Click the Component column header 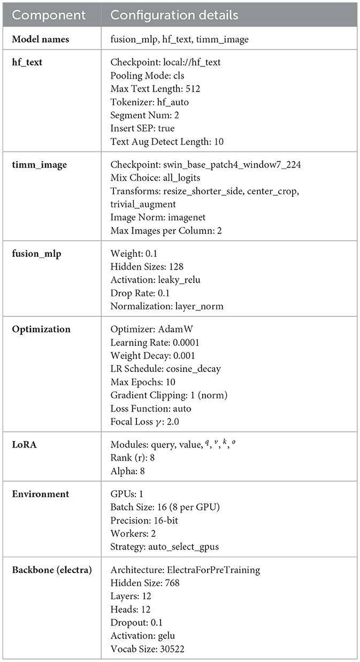click(47, 15)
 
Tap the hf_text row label click(28, 62)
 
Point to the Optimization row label click(41, 329)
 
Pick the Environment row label click(41, 494)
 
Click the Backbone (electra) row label click(52, 569)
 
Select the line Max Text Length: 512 click(155, 88)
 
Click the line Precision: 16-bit click(148, 521)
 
